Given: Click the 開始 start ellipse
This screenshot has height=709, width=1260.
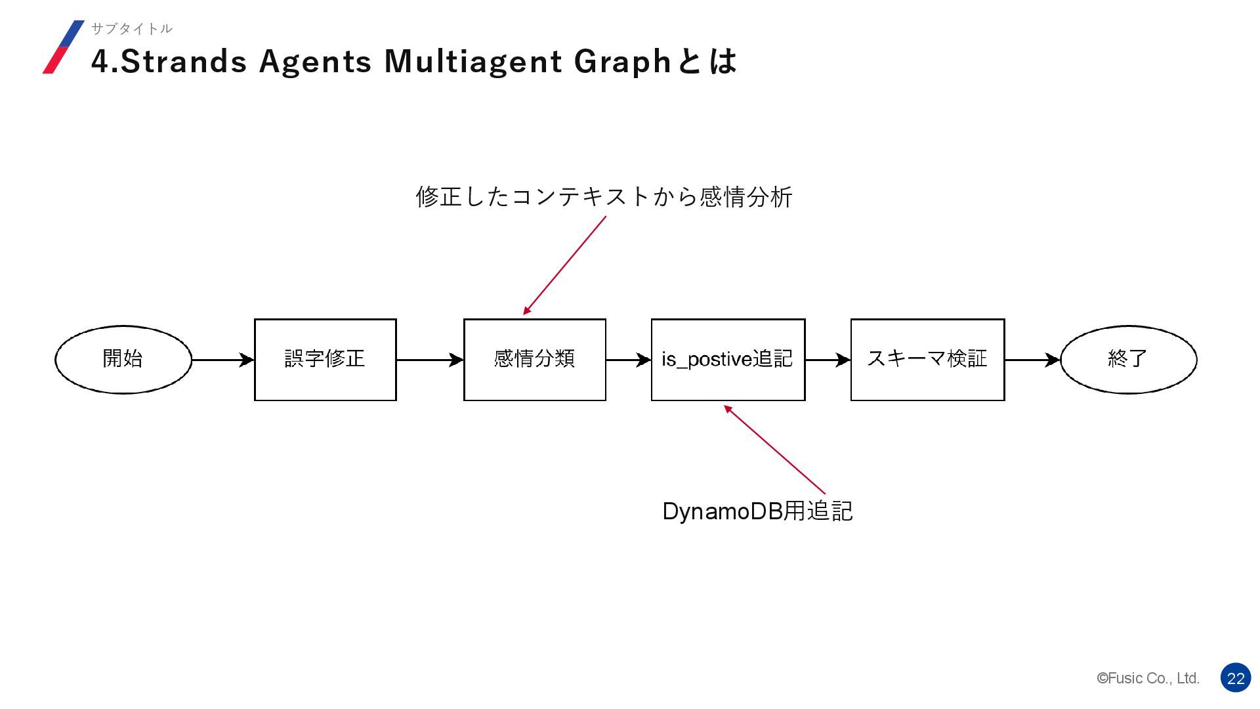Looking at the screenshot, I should tap(123, 359).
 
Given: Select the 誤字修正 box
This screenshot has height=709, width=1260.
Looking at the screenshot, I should tap(325, 359).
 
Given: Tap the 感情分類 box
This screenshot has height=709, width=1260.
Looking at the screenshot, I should tap(534, 359).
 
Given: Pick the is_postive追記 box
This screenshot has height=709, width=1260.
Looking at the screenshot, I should tap(728, 359).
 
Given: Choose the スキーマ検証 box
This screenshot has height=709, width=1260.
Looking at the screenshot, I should tap(927, 359).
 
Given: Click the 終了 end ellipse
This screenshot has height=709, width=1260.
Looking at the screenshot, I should tap(1128, 359).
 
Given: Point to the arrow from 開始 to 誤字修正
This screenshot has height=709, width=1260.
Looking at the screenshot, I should tap(222, 360).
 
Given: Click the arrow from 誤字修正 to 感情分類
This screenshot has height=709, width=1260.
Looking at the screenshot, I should tap(430, 360).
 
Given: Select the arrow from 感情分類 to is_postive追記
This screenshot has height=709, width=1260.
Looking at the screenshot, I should tap(628, 360).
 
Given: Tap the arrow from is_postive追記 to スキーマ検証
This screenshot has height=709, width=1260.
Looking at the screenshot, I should tap(828, 360).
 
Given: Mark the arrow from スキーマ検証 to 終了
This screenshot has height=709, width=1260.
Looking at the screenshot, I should tap(1032, 360).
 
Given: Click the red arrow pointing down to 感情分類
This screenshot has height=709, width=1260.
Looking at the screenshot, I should tap(564, 265).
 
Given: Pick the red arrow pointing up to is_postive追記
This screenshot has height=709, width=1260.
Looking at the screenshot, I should tap(774, 450).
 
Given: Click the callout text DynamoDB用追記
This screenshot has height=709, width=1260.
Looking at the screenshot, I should tap(757, 511).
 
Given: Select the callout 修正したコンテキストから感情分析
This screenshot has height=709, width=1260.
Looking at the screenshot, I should tap(604, 196).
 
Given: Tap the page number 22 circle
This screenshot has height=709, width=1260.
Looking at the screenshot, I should tap(1236, 678).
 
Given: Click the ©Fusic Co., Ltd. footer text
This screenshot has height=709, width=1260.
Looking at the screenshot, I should tap(1148, 678).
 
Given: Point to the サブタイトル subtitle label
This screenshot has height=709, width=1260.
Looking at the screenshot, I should tap(131, 28).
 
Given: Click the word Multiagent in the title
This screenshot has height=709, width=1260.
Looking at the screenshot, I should tap(472, 61).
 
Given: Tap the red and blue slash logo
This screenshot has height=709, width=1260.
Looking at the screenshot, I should tap(64, 47).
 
